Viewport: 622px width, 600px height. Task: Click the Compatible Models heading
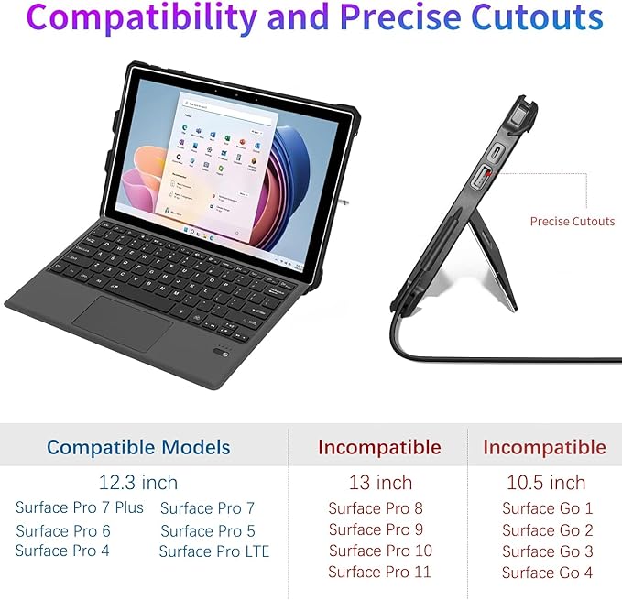click(x=138, y=448)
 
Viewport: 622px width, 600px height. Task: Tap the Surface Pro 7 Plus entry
click(x=80, y=507)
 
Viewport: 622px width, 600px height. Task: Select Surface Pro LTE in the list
click(x=214, y=551)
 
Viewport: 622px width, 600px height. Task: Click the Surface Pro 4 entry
click(x=62, y=551)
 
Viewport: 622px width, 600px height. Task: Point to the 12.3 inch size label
click(x=138, y=482)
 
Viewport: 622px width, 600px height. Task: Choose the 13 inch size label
click(x=379, y=482)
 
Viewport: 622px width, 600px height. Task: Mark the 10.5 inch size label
click(x=546, y=482)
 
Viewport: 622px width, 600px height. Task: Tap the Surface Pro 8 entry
click(x=376, y=508)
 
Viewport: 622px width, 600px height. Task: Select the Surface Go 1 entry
click(x=548, y=508)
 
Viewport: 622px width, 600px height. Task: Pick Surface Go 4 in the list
click(x=548, y=573)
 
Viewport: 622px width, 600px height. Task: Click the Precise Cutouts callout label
click(x=573, y=221)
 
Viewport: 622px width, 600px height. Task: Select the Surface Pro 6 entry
click(x=63, y=530)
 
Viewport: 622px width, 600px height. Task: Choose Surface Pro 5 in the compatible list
click(x=208, y=530)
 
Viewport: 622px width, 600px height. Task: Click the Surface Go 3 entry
click(x=548, y=551)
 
